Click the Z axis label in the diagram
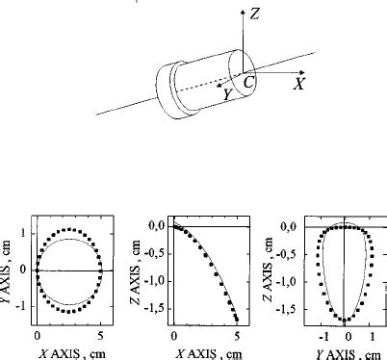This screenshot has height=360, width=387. pos(254,13)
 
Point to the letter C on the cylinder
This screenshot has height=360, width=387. pos(248,82)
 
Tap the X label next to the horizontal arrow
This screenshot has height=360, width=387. pos(299,84)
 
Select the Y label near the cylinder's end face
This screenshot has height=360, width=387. pos(227,94)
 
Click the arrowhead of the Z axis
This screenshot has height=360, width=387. pos(243,12)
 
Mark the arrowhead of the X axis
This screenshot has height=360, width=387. pos(301,72)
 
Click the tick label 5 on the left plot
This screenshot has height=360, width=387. pos(100,336)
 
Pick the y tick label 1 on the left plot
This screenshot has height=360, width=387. pos(23,233)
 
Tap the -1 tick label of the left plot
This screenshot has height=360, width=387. pos(20,306)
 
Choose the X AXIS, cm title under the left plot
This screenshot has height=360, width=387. pos(72,354)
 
